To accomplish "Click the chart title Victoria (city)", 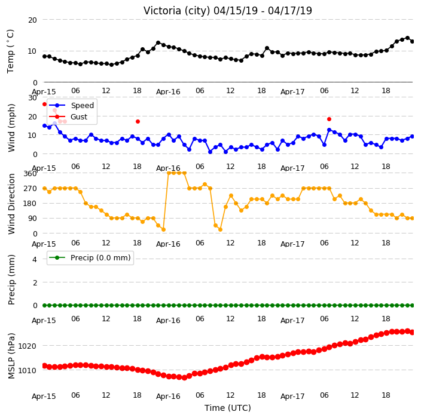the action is [177, 11].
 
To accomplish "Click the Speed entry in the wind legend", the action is [72, 105].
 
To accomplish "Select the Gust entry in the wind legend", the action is [68, 116].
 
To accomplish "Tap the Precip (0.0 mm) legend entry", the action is [90, 257].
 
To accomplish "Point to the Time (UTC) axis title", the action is [228, 408].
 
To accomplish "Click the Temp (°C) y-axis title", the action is [10, 51].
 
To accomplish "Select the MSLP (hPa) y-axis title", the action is [11, 356].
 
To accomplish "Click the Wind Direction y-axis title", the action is [11, 204].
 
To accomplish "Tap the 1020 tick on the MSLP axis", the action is [27, 346].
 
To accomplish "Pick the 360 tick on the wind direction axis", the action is [30, 174].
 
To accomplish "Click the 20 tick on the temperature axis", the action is [32, 20].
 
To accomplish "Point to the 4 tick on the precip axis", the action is [35, 259].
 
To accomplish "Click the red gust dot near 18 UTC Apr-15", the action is [138, 121].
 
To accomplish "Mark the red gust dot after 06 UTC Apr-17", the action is [329, 119].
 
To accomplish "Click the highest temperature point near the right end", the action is [407, 38].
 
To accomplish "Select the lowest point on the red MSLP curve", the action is [184, 378].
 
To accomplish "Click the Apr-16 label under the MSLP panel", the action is [168, 397].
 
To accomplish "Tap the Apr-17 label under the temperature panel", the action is [292, 92].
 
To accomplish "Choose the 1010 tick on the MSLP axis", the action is [27, 371].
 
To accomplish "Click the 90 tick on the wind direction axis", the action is [32, 219].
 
